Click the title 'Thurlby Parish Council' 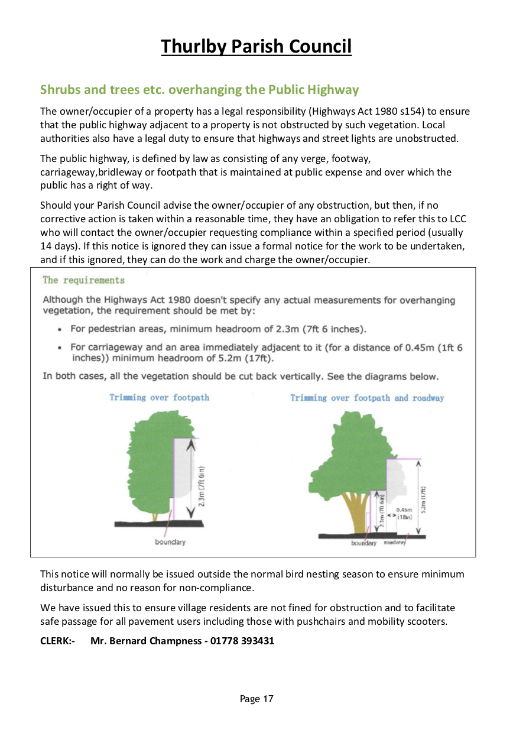click(x=256, y=46)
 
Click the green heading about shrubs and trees click(x=199, y=90)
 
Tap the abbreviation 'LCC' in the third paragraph click(x=456, y=219)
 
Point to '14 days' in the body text click(x=57, y=245)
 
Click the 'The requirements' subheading click(x=83, y=280)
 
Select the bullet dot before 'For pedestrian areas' click(x=60, y=329)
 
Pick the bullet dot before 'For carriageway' click(x=60, y=348)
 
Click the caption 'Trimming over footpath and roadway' click(x=366, y=398)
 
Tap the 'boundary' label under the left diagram click(x=170, y=542)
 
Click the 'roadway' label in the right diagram click(x=395, y=543)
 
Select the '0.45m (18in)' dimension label click(x=404, y=512)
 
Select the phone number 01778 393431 click(x=242, y=641)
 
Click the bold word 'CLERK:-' click(x=57, y=641)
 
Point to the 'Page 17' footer click(x=256, y=699)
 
